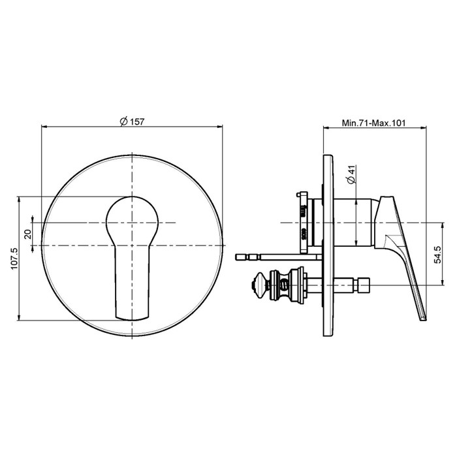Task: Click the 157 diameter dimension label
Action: click(136, 121)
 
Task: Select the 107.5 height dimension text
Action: click(14, 259)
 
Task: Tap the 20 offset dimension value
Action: click(28, 234)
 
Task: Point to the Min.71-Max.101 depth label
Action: click(373, 123)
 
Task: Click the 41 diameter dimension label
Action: click(352, 170)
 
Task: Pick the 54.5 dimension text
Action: click(437, 255)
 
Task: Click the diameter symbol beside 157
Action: click(124, 121)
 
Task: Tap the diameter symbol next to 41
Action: click(352, 180)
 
